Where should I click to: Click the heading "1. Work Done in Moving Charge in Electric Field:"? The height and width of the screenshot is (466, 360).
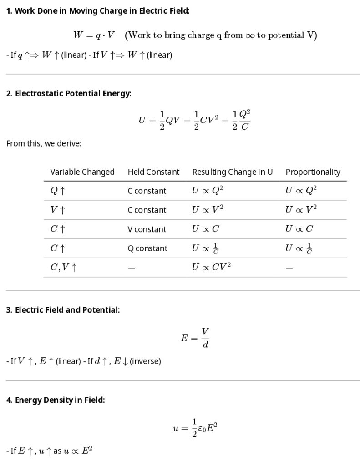click(x=98, y=11)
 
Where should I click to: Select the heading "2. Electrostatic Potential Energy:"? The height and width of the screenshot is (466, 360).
click(x=69, y=93)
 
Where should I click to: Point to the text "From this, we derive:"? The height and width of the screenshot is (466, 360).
click(x=44, y=143)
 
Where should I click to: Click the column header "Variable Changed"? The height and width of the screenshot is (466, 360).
click(x=82, y=172)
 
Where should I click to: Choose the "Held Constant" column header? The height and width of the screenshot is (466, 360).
click(x=153, y=172)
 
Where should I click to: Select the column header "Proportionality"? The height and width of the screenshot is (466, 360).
click(x=313, y=172)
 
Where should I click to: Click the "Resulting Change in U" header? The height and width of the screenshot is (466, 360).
click(x=232, y=172)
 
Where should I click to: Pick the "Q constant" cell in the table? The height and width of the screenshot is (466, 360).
click(x=147, y=248)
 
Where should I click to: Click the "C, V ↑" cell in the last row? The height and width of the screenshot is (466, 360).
click(x=63, y=268)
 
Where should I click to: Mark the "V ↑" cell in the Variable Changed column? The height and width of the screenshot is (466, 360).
click(x=58, y=210)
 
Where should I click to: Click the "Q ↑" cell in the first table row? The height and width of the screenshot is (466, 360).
click(x=58, y=191)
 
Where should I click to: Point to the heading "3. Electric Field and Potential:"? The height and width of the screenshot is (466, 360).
click(x=63, y=310)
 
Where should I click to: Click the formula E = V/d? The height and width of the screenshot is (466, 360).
click(x=195, y=337)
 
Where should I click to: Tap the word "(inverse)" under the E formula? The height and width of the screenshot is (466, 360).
click(x=145, y=361)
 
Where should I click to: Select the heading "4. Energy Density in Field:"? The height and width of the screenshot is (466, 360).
click(x=56, y=400)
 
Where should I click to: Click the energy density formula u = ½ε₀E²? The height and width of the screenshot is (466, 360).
click(x=195, y=427)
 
